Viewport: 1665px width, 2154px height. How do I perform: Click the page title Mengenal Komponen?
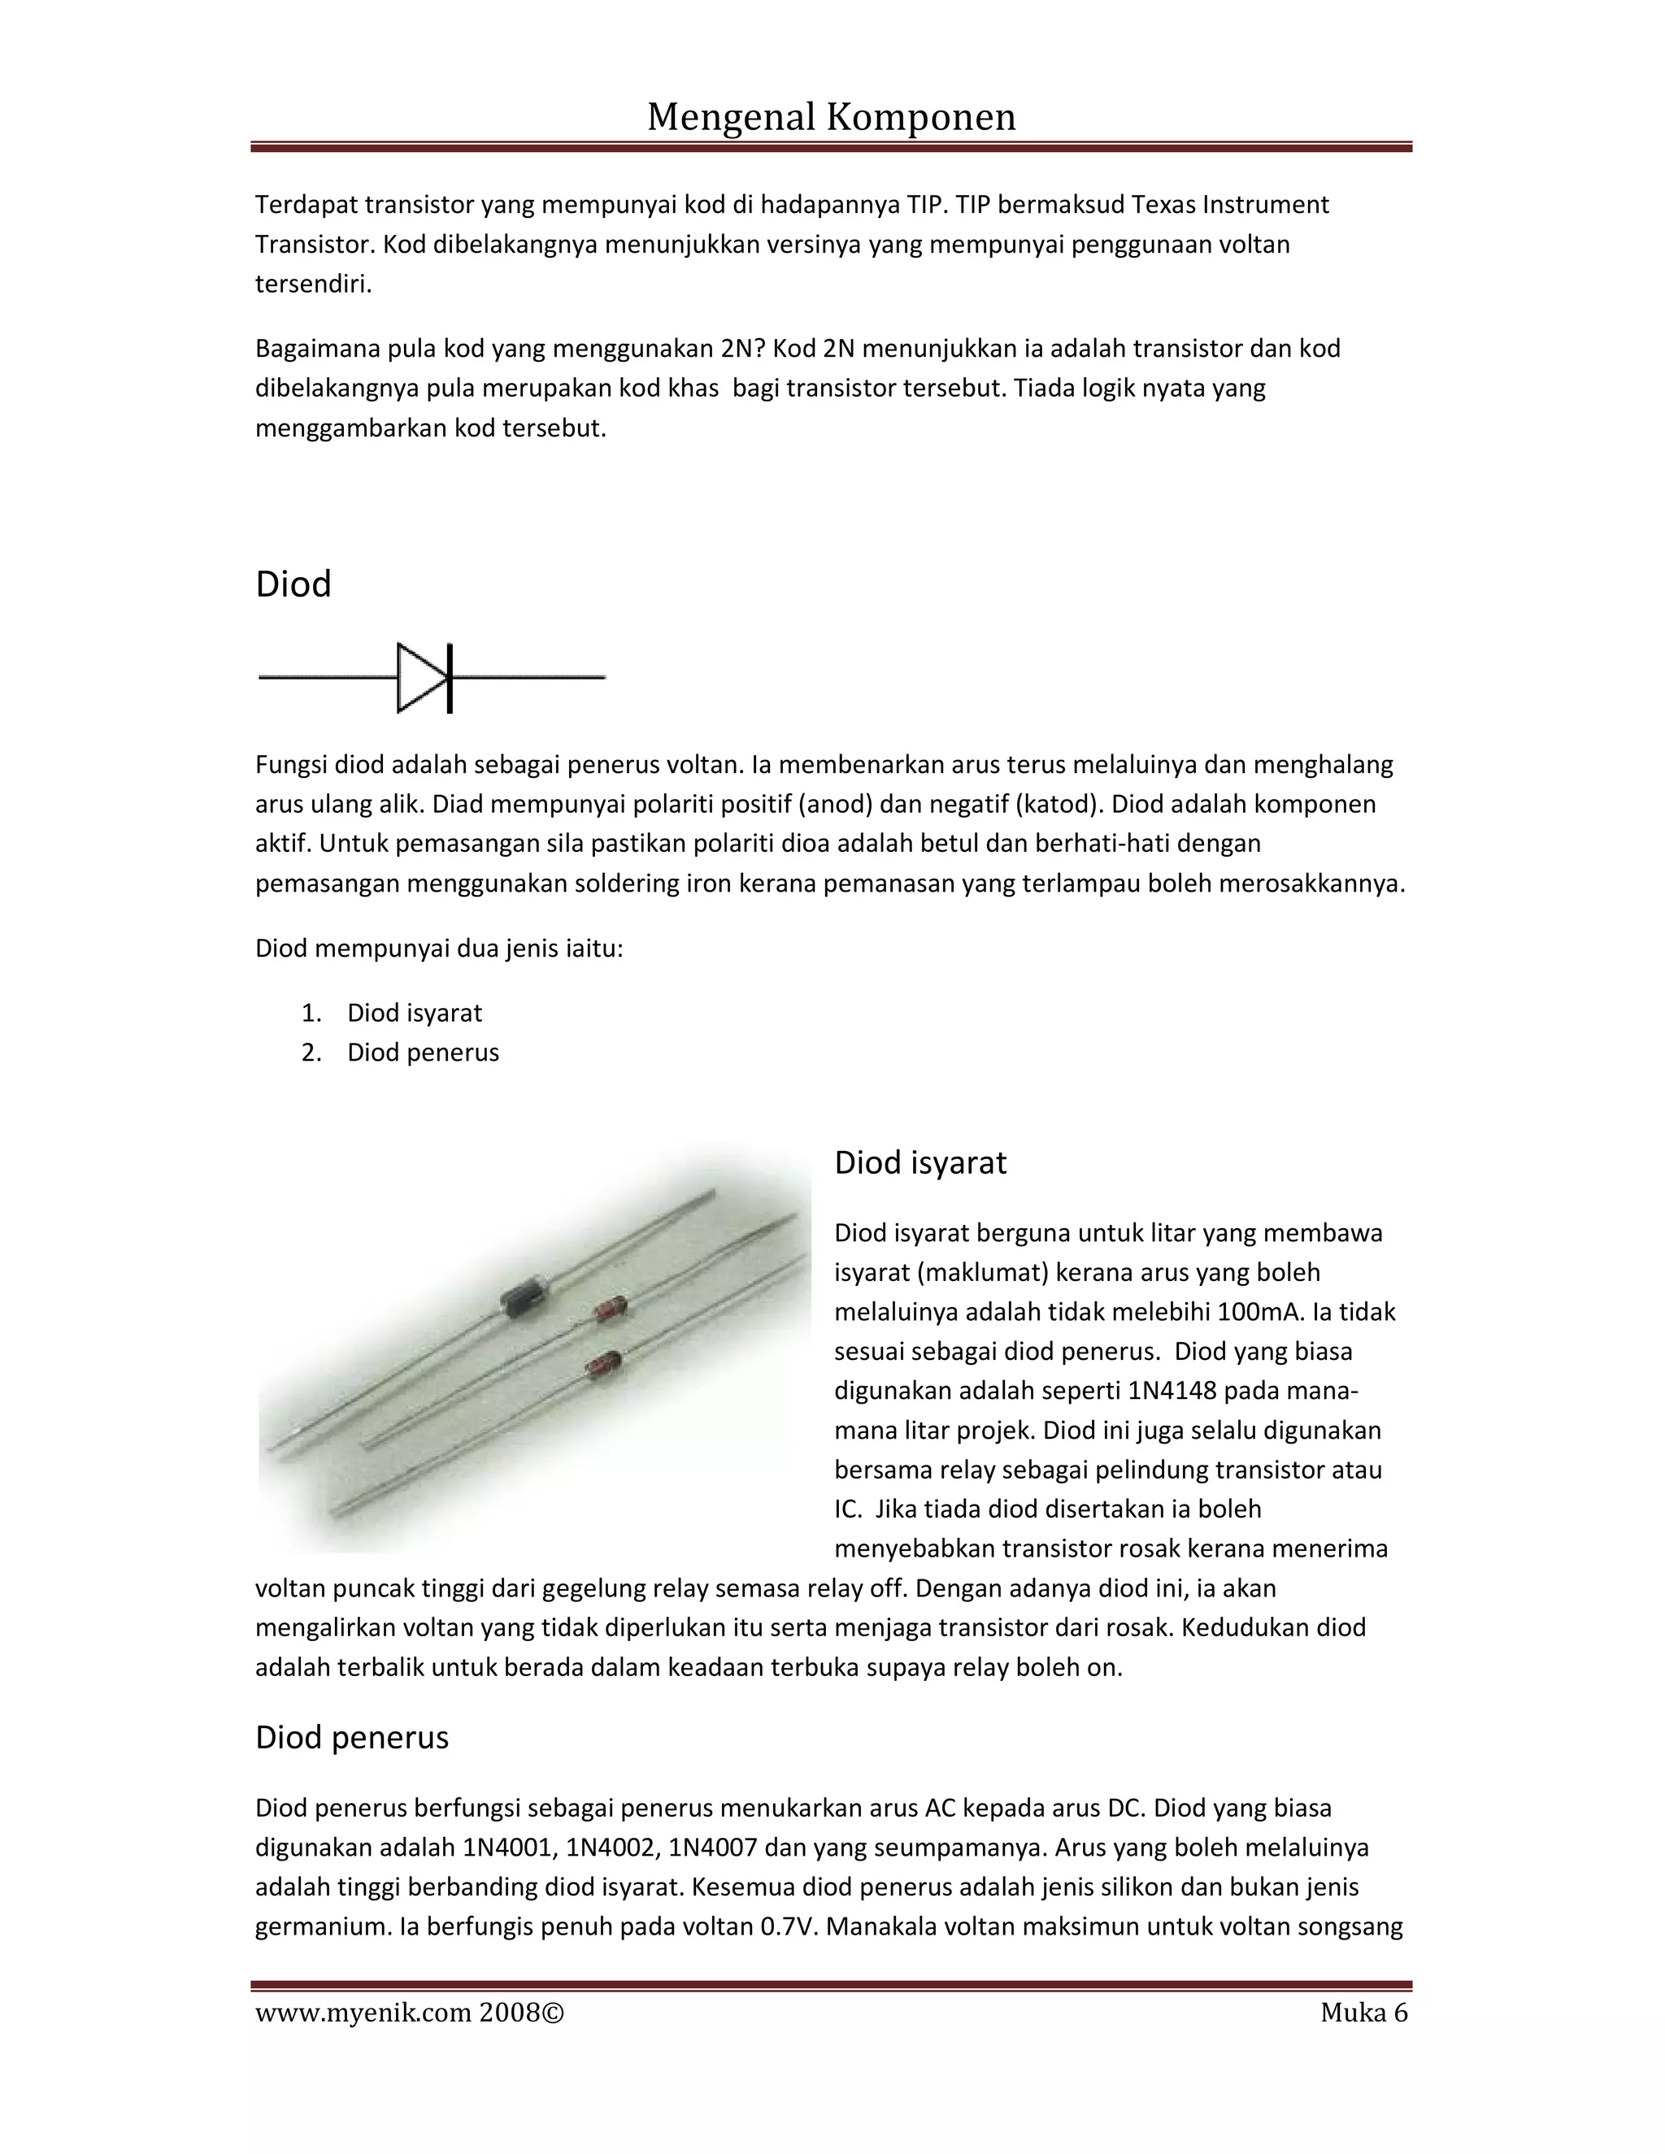[831, 117]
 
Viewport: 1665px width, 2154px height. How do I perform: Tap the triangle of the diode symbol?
[418, 678]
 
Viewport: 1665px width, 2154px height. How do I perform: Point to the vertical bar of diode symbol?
[450, 678]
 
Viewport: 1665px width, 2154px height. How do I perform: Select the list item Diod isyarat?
[415, 1013]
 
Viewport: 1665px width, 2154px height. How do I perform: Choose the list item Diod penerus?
[422, 1053]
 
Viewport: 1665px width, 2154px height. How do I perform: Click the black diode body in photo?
[522, 1297]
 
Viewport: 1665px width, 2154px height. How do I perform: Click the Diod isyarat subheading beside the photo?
[919, 1163]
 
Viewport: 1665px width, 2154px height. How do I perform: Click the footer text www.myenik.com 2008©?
[410, 2013]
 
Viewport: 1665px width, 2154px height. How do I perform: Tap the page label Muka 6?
[1363, 2013]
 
